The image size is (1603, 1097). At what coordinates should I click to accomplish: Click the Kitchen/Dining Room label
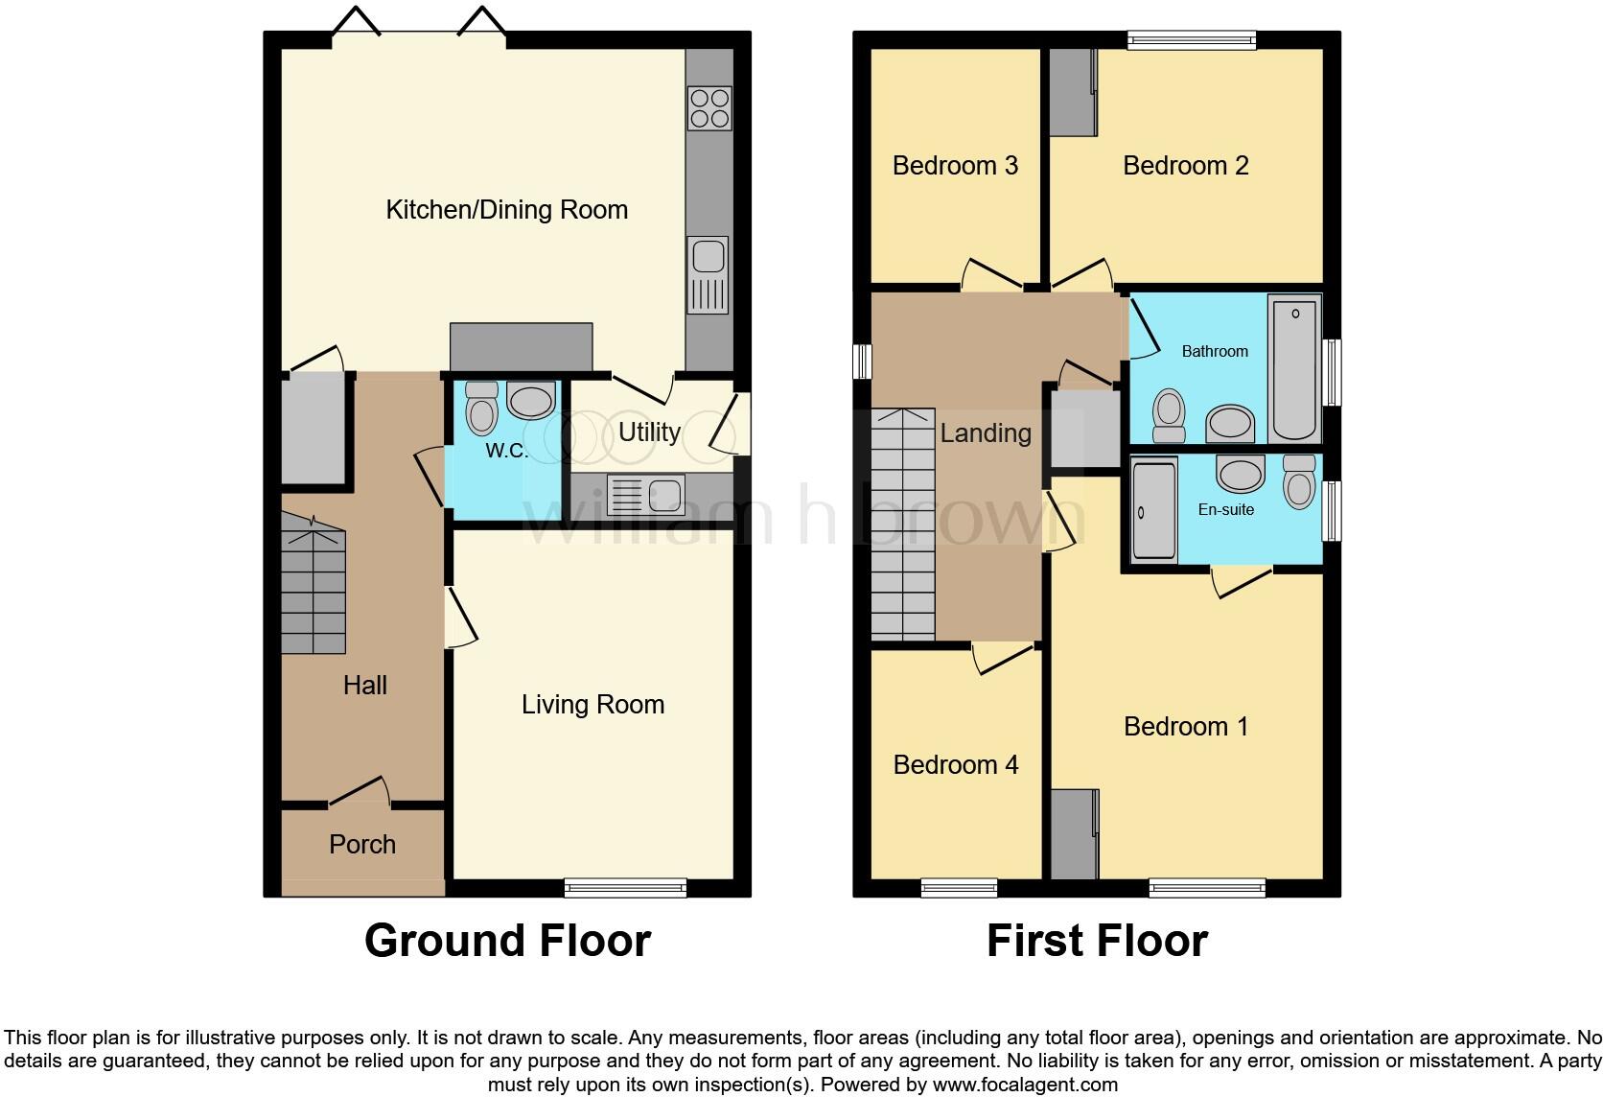[506, 210]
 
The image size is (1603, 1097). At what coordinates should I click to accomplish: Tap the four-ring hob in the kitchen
[709, 107]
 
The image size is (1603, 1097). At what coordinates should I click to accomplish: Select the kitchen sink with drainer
[708, 274]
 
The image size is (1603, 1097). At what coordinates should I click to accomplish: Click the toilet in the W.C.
[481, 409]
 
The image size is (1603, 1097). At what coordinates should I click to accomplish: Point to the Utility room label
[649, 432]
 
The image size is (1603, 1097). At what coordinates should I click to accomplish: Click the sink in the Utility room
[645, 496]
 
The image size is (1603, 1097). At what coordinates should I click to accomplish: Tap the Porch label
[362, 845]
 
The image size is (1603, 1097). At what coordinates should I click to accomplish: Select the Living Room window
[625, 888]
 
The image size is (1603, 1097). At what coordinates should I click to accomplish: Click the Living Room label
[592, 705]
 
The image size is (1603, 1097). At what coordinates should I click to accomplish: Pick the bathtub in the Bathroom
[1294, 368]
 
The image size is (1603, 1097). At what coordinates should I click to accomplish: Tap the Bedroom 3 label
[955, 166]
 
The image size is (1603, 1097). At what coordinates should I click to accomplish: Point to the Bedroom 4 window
[959, 888]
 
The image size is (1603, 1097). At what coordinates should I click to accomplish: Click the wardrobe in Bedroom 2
[1073, 92]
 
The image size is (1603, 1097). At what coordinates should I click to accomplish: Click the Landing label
[986, 433]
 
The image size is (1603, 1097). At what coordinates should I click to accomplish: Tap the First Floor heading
[1097, 941]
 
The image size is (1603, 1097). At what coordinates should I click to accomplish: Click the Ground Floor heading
[507, 941]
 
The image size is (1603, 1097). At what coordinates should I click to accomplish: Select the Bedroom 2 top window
[1192, 39]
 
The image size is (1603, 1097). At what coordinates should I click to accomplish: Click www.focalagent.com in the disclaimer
[1025, 1085]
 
